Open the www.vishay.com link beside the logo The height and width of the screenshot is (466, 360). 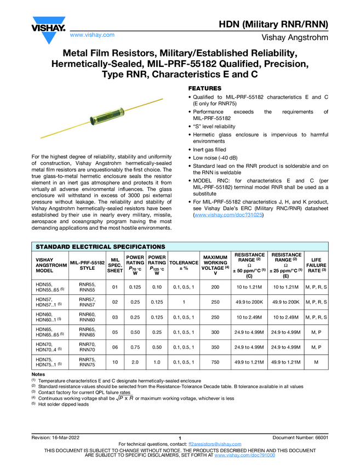(x=92, y=35)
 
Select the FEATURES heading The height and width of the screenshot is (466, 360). (x=205, y=88)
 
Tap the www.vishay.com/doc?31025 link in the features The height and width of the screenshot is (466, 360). (x=228, y=216)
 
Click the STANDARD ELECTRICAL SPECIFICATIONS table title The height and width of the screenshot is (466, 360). (x=100, y=247)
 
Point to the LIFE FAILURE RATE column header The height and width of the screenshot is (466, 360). (x=316, y=264)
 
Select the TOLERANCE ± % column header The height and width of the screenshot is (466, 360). (x=184, y=263)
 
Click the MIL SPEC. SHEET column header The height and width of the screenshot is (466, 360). (x=115, y=264)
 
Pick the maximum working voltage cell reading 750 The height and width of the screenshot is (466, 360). (x=215, y=363)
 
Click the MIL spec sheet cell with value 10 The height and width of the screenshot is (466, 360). (x=115, y=363)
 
